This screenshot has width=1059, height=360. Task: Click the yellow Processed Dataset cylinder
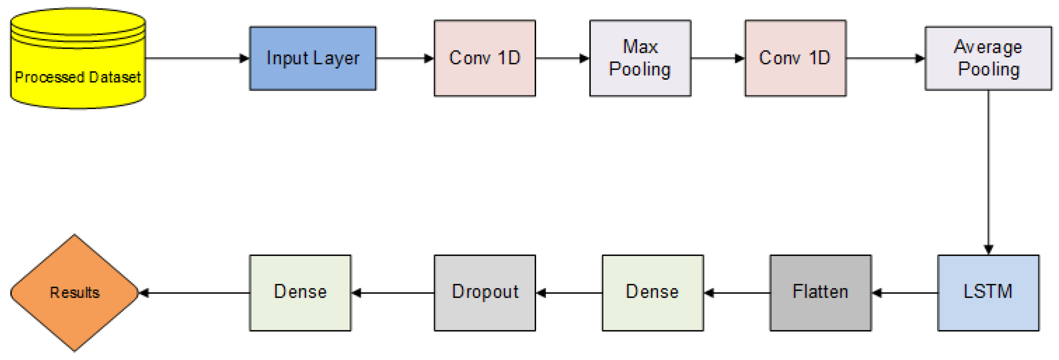point(78,62)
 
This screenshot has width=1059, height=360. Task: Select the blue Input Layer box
point(312,58)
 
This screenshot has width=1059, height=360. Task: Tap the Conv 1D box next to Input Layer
point(485,58)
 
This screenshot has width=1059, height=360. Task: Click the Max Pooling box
point(640,58)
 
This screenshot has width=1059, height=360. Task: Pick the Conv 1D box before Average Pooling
point(795,58)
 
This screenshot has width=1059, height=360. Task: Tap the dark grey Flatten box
point(820,292)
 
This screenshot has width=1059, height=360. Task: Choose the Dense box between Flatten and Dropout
point(652,292)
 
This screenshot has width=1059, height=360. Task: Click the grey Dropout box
point(485,292)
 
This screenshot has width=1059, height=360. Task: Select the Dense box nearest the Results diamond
point(300,292)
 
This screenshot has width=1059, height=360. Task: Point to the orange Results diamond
point(74,292)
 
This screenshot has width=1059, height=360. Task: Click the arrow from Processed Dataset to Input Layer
point(197,58)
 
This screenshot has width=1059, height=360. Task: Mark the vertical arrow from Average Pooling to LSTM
point(988,172)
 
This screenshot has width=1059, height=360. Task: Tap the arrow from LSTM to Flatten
point(904,293)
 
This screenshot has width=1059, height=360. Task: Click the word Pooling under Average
point(989,69)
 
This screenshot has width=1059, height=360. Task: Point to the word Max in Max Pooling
point(640,47)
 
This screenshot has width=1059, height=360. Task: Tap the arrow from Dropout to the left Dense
point(393,293)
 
